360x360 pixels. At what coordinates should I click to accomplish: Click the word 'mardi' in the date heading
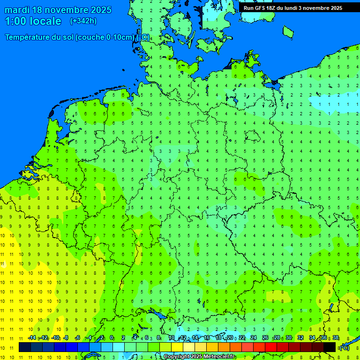(17, 10)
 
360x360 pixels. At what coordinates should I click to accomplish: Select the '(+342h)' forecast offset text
(83, 21)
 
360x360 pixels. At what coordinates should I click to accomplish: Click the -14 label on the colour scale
(32, 337)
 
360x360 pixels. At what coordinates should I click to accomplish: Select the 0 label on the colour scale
(112, 337)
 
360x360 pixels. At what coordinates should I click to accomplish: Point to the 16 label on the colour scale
(207, 337)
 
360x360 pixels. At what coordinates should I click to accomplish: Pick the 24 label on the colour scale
(254, 337)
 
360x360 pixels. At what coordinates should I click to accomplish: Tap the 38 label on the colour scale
(336, 337)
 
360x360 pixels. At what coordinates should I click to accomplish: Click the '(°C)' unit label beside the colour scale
(345, 348)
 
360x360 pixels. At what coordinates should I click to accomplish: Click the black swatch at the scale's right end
(330, 347)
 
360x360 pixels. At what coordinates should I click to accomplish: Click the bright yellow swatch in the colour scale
(177, 347)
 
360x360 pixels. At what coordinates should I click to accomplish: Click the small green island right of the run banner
(288, 31)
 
